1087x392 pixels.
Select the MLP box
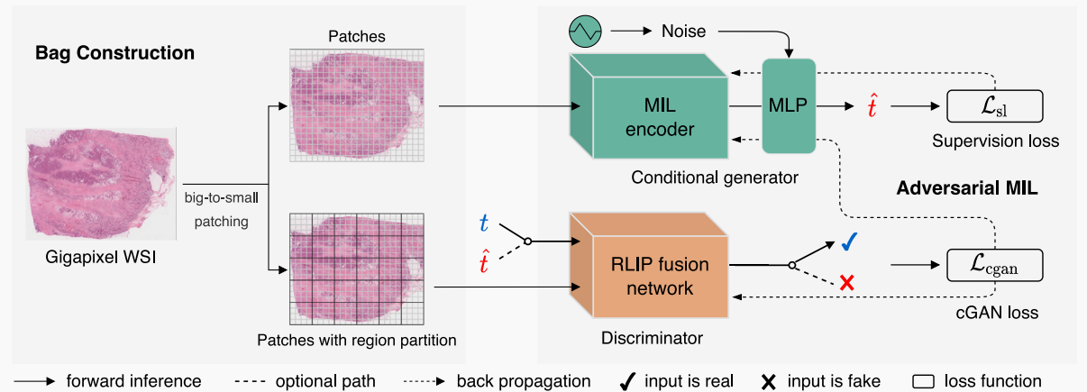click(789, 105)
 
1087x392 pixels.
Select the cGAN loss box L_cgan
click(994, 266)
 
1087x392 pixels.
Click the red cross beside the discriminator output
click(846, 284)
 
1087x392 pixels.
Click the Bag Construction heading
click(114, 53)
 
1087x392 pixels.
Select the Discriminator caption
click(651, 339)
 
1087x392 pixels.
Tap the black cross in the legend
click(769, 382)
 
